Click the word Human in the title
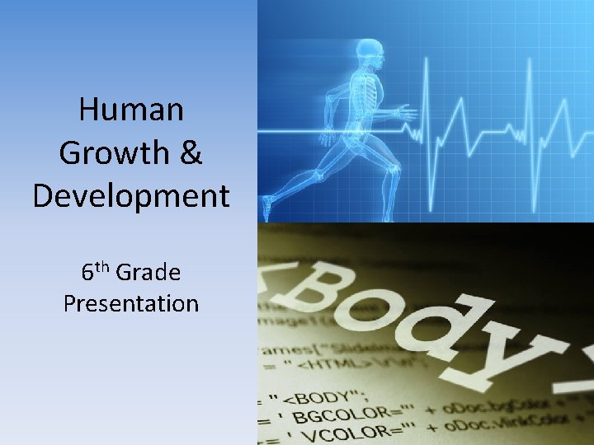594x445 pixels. (132, 110)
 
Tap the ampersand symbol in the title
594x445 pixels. (190, 153)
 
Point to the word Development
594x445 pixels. (132, 196)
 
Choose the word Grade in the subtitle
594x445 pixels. (149, 271)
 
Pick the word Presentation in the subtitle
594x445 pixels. (132, 303)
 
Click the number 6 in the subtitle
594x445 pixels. (87, 272)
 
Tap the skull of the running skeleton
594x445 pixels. (365, 52)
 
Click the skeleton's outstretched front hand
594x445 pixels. (405, 112)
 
